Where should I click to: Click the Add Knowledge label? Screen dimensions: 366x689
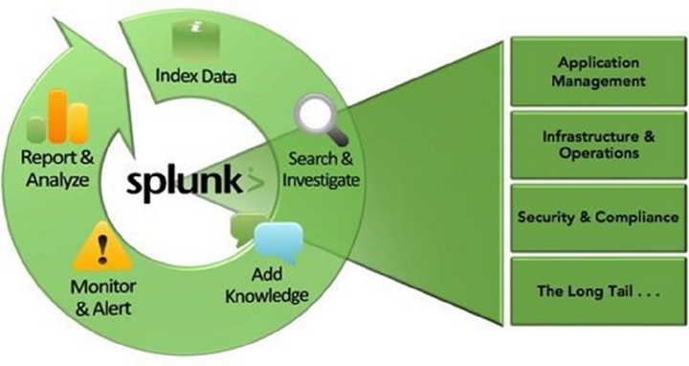267,284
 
